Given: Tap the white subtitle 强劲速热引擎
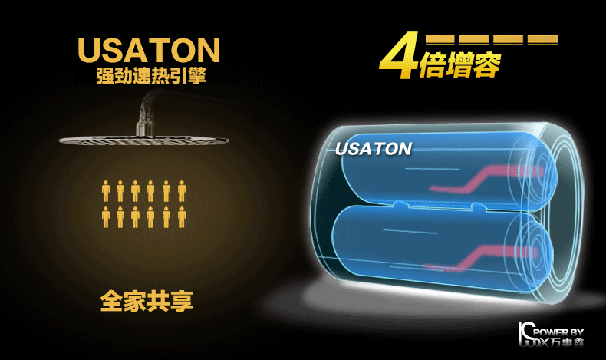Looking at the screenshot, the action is (150, 77).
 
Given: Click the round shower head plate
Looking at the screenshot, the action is (123, 140).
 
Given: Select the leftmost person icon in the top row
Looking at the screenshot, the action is (106, 191).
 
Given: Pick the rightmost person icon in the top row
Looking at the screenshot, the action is (182, 191).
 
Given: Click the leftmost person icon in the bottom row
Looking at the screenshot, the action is (106, 217).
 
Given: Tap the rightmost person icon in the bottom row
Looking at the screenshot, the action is (182, 217).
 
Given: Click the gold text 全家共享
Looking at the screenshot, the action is (147, 300).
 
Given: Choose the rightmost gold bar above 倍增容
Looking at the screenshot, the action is (542, 39).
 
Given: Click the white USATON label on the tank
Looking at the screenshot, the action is (374, 148).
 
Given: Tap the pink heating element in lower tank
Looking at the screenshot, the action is (476, 253).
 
